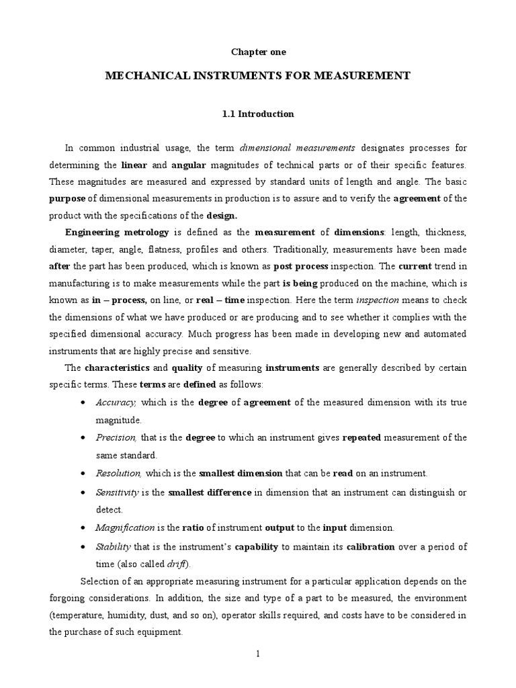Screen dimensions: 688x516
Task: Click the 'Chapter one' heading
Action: coord(257,52)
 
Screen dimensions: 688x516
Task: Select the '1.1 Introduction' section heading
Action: coord(257,114)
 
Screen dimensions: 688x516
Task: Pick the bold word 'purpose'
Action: coord(67,199)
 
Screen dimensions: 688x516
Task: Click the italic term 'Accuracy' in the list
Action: coord(116,402)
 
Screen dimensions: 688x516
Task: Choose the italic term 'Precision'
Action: coord(117,437)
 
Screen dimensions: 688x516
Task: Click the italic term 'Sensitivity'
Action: coord(118,492)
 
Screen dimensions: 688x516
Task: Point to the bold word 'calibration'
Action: coord(372,547)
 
